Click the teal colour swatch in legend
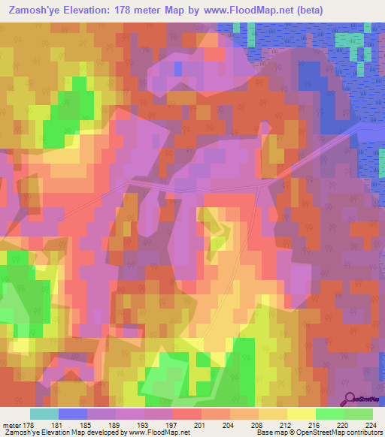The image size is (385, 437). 44,414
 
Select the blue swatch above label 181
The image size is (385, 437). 73,414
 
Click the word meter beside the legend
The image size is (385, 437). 11,425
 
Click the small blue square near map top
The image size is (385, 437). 178,68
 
